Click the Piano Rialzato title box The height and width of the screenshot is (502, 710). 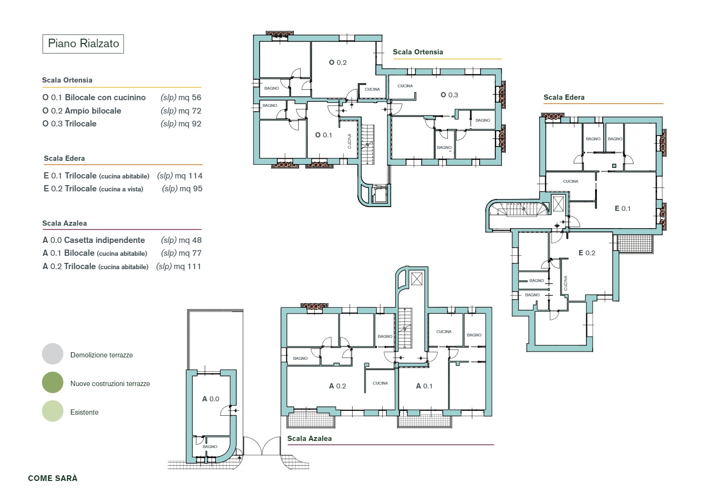pyautogui.click(x=83, y=44)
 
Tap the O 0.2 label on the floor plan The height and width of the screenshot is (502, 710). pyautogui.click(x=337, y=63)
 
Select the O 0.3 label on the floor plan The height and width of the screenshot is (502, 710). pyautogui.click(x=449, y=95)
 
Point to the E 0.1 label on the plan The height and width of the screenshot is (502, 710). pyautogui.click(x=623, y=209)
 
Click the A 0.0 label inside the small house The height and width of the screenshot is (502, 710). pyautogui.click(x=211, y=399)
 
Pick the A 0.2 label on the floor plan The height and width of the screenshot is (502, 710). pyautogui.click(x=337, y=386)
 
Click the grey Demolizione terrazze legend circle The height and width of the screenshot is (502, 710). pyautogui.click(x=52, y=354)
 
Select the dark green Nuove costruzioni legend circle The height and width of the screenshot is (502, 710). pyautogui.click(x=52, y=382)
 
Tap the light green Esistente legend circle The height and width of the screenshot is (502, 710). pyautogui.click(x=52, y=411)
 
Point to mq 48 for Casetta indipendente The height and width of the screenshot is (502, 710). pyautogui.click(x=190, y=240)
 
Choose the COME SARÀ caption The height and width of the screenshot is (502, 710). pyautogui.click(x=52, y=478)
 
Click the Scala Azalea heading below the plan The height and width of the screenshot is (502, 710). pyautogui.click(x=309, y=439)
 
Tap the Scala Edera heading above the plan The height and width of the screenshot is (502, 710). pyautogui.click(x=564, y=97)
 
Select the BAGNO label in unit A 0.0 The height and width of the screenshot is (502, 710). pyautogui.click(x=210, y=447)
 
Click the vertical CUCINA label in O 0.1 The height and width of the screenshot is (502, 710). pyautogui.click(x=349, y=141)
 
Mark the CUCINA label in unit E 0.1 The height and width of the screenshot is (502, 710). pyautogui.click(x=571, y=181)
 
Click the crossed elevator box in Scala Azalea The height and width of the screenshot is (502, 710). pyautogui.click(x=417, y=279)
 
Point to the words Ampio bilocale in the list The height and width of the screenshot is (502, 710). pyautogui.click(x=93, y=111)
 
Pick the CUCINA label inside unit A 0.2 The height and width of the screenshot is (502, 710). pyautogui.click(x=380, y=383)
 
